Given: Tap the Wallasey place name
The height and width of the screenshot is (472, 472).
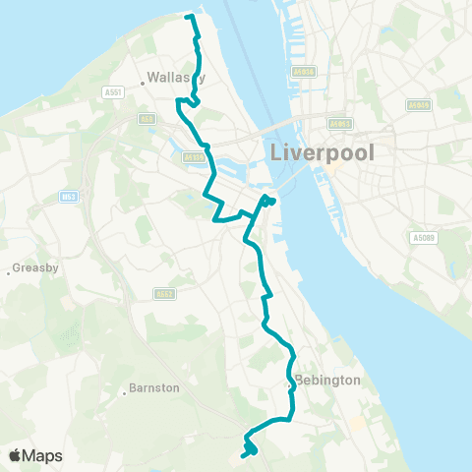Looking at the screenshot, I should (x=176, y=77).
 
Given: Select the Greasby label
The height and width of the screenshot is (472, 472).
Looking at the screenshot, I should (x=37, y=267).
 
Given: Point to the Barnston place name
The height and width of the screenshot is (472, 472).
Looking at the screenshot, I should (x=156, y=387).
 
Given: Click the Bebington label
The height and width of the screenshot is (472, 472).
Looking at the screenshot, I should (x=327, y=380).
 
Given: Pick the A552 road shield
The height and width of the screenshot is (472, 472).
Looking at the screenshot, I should (x=163, y=293).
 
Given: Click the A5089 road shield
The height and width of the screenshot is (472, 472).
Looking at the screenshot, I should (x=423, y=237).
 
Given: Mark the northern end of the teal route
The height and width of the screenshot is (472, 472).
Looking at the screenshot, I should (x=188, y=17).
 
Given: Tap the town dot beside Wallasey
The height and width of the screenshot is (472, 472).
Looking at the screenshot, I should (x=143, y=84).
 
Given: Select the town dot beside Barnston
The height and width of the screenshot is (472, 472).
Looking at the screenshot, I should (x=125, y=387).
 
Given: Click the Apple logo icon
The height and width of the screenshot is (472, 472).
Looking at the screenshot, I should (x=16, y=455).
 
